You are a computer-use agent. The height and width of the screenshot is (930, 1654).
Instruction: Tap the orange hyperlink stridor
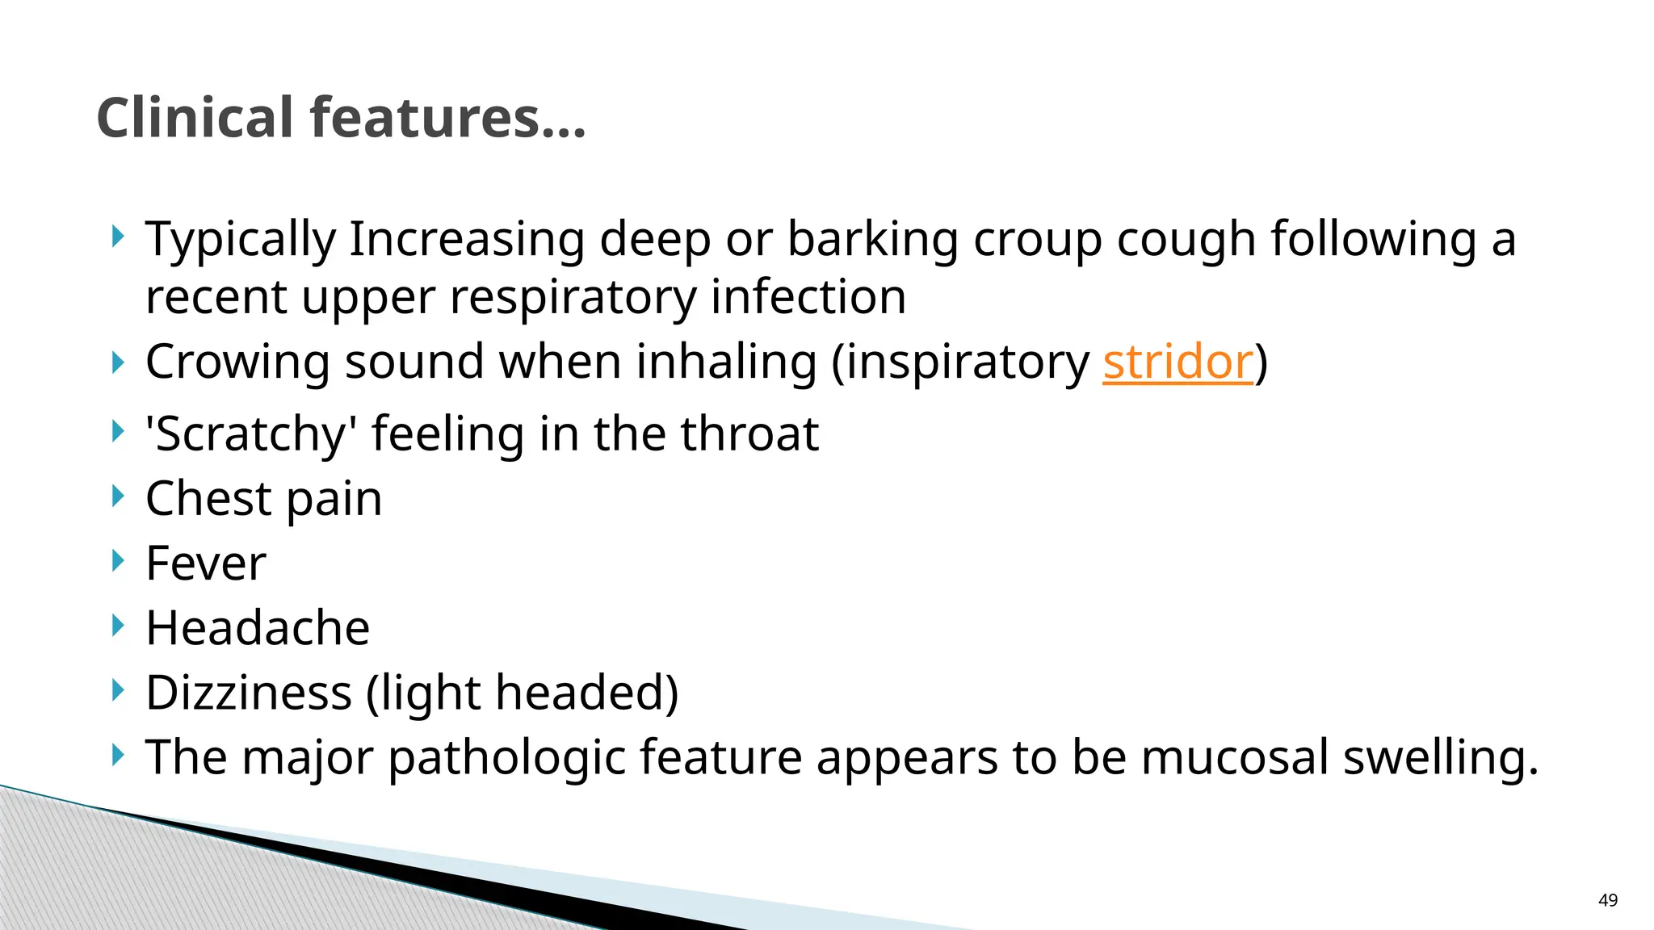[x=1178, y=362]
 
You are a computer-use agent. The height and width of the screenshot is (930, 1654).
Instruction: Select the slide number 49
[x=1607, y=900]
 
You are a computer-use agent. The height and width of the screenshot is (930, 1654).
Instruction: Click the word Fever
[x=206, y=563]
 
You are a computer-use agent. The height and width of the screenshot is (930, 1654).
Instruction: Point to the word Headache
[x=258, y=628]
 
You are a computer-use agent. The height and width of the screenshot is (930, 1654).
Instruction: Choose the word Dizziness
[x=249, y=693]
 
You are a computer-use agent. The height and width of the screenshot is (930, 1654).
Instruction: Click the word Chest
[x=208, y=499]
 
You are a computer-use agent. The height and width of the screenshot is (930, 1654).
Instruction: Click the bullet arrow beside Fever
[x=118, y=559]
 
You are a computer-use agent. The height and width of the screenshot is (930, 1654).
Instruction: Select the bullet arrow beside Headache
[x=118, y=624]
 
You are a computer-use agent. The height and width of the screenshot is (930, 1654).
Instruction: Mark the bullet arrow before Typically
[x=118, y=237]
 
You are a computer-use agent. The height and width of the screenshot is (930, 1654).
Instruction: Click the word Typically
[x=240, y=241]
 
